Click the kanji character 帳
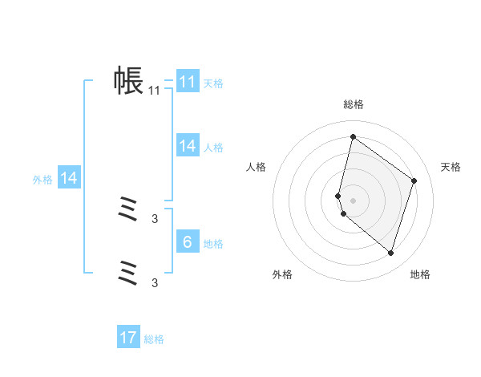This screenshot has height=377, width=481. coord(128,80)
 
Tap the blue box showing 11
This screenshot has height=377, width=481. coord(188,82)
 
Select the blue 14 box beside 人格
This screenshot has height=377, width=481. coord(188,146)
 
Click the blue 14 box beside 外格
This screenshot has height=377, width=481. coord(69,179)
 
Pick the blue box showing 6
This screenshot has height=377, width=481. coord(188,242)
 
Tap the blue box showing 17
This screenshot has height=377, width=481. coord(128,338)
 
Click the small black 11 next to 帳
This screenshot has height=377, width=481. coord(155,91)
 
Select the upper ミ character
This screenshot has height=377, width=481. coord(128,211)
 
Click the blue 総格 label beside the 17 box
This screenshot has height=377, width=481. coord(154,339)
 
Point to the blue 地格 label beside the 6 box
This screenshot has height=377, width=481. coord(213,244)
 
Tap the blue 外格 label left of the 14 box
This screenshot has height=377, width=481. coord(42,180)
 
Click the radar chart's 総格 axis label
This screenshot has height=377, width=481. coord(353,104)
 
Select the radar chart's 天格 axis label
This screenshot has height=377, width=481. coord(451,167)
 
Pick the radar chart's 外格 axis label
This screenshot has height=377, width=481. coord(282,274)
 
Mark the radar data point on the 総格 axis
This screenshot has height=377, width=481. coord(353,137)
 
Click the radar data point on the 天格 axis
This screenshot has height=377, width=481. coord(414,180)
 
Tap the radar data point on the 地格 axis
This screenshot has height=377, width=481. coord(390,253)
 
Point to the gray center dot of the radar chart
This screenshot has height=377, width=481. coord(353,200)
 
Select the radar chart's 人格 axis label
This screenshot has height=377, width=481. coord(256,167)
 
